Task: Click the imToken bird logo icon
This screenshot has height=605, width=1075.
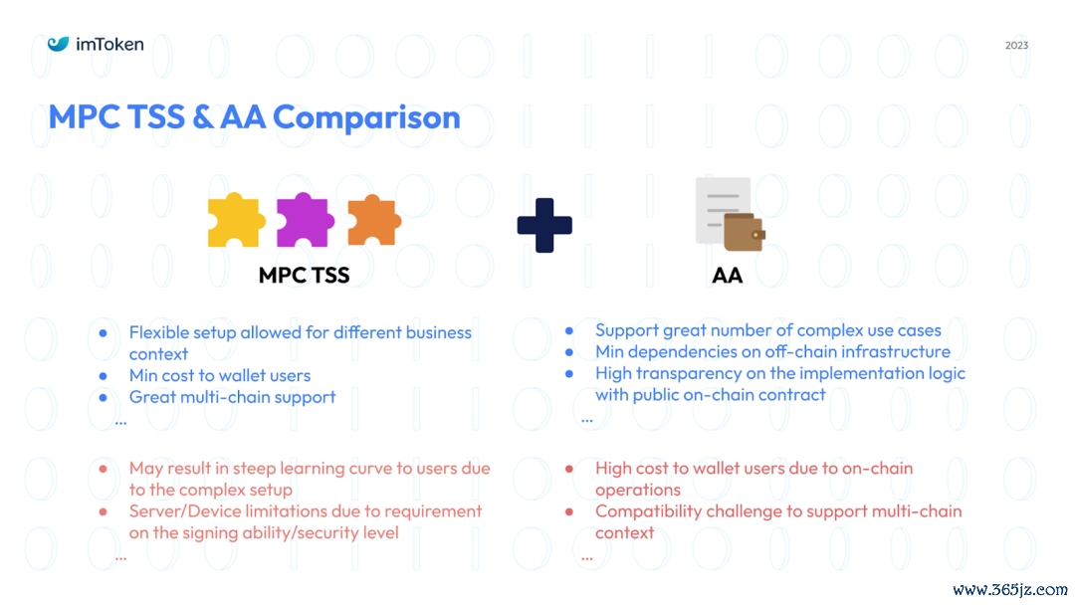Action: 59,44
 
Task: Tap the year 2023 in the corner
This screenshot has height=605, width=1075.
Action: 1016,45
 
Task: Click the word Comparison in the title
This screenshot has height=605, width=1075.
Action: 366,117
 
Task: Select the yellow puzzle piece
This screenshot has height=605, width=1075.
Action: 236,220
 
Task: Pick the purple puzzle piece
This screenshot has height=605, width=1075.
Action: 306,220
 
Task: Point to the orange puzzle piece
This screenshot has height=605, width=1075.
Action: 374,220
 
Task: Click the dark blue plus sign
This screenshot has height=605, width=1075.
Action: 544,226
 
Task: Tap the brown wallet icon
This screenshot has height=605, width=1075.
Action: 744,232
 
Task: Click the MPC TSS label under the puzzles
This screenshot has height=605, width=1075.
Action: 304,276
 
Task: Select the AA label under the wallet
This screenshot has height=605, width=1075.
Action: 728,276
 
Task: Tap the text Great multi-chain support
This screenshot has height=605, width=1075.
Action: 232,397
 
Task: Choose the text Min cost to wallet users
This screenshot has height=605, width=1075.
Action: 219,375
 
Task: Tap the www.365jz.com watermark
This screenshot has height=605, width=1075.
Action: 1010,590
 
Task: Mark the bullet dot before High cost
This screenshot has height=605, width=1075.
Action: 569,470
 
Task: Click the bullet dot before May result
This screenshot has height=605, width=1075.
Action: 103,470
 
